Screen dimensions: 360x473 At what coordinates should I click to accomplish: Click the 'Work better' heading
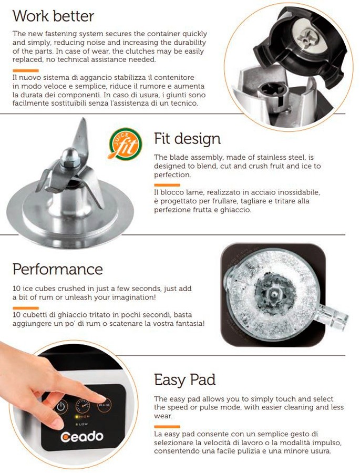pos(54,16)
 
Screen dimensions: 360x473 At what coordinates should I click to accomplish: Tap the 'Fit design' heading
pos(188,139)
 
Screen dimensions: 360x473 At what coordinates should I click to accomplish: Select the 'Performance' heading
pos(58,269)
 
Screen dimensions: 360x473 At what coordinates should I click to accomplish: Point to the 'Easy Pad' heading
pos(184,380)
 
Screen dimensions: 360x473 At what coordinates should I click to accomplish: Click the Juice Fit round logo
pos(125,145)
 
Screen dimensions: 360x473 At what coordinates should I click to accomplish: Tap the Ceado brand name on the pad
pos(82,437)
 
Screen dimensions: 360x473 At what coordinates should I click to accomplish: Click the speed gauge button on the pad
pos(83,405)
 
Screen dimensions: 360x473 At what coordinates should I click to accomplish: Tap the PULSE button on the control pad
pos(104,404)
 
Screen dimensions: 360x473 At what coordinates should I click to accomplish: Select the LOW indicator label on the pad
pos(82,424)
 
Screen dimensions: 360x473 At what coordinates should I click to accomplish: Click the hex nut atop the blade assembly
pos(70,158)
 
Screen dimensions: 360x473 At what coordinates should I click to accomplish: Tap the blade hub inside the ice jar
pos(274,293)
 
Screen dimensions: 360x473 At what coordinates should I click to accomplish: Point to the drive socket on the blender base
pos(272,89)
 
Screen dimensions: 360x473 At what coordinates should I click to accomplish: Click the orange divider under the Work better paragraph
pos(26,70)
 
